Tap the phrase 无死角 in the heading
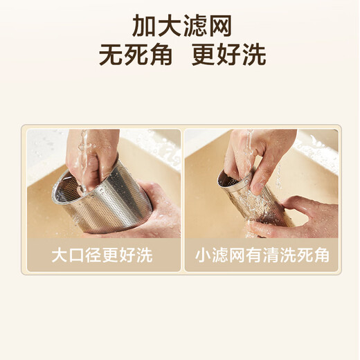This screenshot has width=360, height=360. point(135,54)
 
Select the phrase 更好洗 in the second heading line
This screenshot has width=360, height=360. point(228,54)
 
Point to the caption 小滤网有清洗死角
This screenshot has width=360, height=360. point(261,255)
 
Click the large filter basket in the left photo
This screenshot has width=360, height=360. point(111,197)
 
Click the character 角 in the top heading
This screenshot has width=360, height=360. point(160,54)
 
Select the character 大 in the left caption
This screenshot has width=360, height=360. point(60,255)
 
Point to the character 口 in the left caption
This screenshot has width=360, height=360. point(78,255)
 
